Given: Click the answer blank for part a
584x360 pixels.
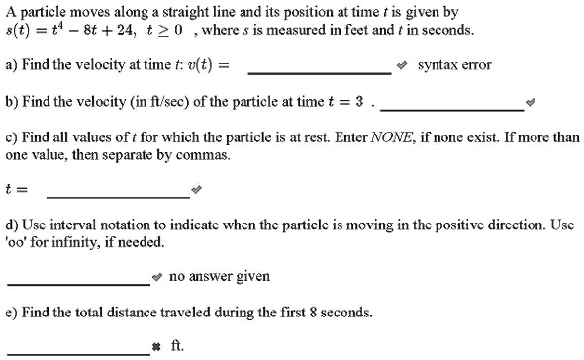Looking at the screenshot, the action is pos(319,67).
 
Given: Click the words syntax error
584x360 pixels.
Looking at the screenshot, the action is pos(454,65).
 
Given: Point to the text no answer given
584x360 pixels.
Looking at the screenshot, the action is pos(219,276).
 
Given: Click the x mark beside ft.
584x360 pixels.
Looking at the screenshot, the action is pos(157,347).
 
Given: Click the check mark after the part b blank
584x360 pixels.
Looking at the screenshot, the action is pos(531,103).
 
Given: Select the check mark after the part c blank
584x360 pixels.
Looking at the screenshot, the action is pos(196,188).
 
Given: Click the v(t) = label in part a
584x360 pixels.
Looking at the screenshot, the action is pos(212,65).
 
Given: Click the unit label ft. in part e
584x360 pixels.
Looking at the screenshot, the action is pos(178,346).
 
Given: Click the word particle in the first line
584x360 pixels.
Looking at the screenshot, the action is pos(42,12).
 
